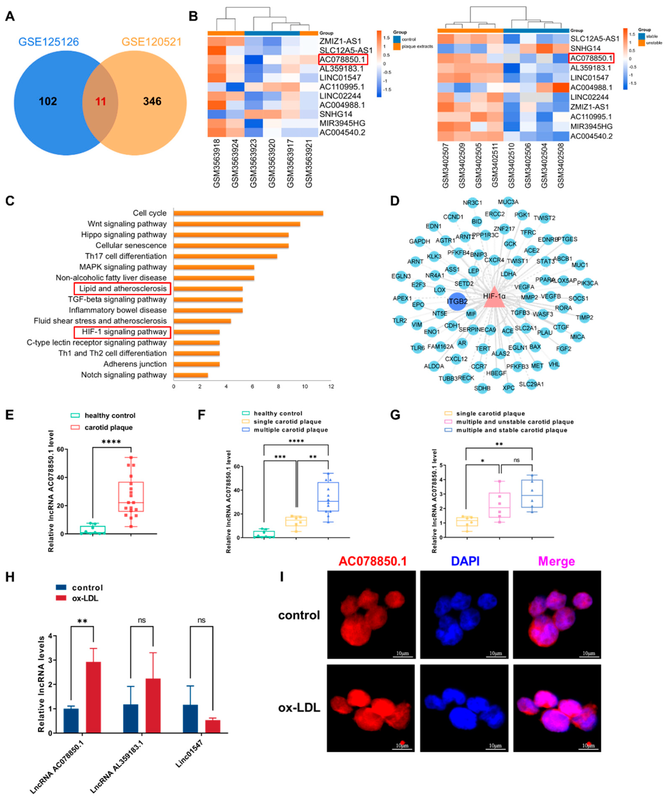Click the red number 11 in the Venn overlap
pyautogui.click(x=101, y=102)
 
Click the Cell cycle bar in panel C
pyautogui.click(x=248, y=213)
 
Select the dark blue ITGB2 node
pyautogui.click(x=457, y=301)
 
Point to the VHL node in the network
pyautogui.click(x=554, y=364)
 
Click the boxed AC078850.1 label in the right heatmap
pyautogui.click(x=591, y=58)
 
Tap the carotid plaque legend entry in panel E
pyautogui.click(x=108, y=428)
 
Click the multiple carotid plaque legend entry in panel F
pyautogui.click(x=290, y=430)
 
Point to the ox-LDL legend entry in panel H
pyautogui.click(x=85, y=598)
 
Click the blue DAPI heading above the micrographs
pyautogui.click(x=465, y=561)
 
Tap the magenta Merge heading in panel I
pyautogui.click(x=556, y=561)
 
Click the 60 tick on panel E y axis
pyautogui.click(x=60, y=449)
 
